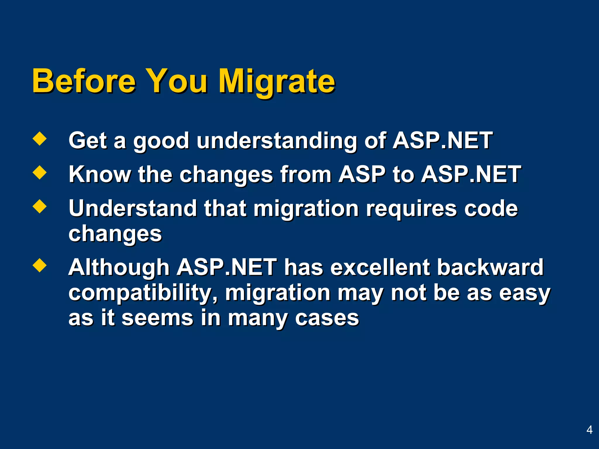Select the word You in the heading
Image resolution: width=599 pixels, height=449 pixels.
[177, 81]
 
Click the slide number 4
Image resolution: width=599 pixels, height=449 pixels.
[589, 430]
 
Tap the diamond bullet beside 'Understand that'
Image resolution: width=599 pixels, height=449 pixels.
[39, 206]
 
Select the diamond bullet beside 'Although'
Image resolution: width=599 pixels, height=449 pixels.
[39, 265]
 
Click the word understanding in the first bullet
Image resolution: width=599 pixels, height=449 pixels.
[276, 141]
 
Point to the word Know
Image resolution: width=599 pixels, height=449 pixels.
[99, 175]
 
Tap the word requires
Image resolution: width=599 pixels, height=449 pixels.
[411, 209]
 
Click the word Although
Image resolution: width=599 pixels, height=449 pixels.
[119, 267]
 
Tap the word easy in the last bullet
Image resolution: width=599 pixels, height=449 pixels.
[524, 293]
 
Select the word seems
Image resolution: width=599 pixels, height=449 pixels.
[157, 318]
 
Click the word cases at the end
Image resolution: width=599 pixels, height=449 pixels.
[327, 318]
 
